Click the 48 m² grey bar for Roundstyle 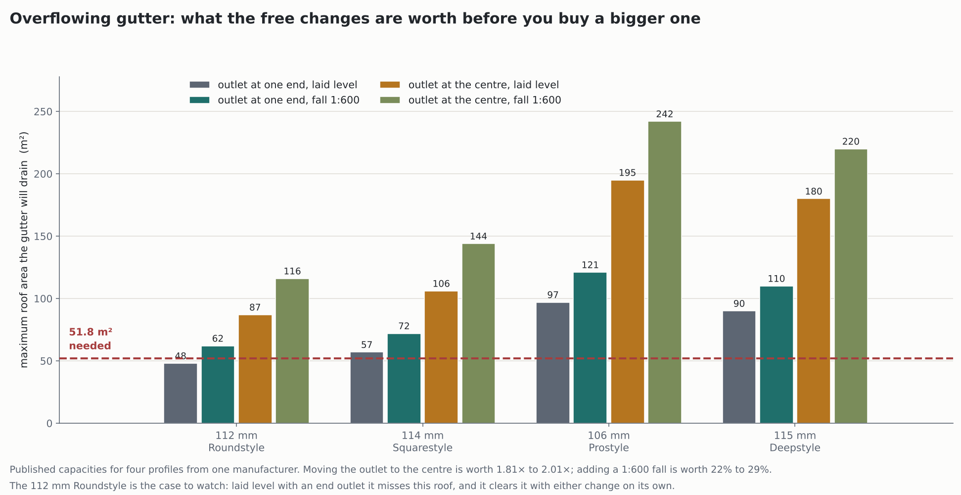tap(181, 394)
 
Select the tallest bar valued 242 tap(665, 272)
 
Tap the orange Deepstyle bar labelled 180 tap(814, 311)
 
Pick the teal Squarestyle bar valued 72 tap(404, 379)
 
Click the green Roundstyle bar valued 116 tap(292, 351)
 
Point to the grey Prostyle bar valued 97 tap(553, 363)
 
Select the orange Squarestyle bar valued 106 tap(441, 357)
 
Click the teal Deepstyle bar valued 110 tap(777, 355)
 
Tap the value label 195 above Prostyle tap(627, 173)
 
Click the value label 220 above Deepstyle tap(851, 142)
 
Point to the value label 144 tap(478, 237)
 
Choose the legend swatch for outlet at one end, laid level tap(200, 85)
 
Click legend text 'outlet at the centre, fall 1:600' tap(485, 100)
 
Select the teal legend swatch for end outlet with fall tap(200, 100)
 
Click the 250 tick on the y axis tap(43, 112)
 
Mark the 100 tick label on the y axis tap(43, 299)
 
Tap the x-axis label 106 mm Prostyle tap(609, 442)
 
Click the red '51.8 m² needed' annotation tap(91, 339)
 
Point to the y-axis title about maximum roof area tap(24, 249)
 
